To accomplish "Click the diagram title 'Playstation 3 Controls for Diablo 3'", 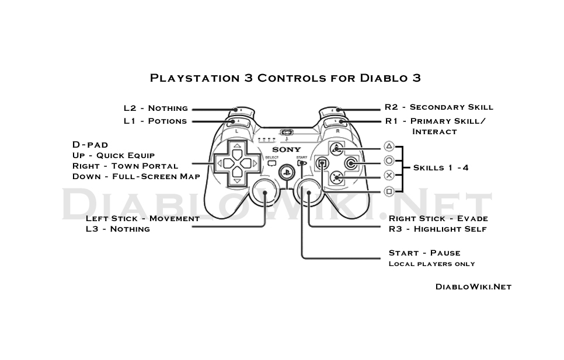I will point(286,78).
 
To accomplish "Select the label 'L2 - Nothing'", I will point(155,108).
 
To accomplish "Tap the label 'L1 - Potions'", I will point(155,121).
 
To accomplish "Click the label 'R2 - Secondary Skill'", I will point(438,107).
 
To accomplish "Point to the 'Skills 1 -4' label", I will point(441,167).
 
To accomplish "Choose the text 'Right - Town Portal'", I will point(125,166).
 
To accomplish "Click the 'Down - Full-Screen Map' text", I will point(136,176).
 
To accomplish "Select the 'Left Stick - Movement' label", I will point(142,218).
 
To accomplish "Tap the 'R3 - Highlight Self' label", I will point(437,229).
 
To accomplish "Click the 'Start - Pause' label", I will point(424,253).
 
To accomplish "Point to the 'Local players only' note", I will point(431,264).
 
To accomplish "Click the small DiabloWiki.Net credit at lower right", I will point(474,286).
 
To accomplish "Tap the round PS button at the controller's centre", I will point(286,172).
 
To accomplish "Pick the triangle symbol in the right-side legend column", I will point(389,146).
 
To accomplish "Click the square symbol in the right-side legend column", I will point(389,191).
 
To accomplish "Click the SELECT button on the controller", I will point(271,164).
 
